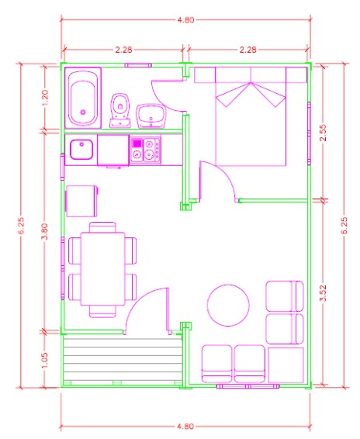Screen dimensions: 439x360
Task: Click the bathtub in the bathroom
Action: click(84, 99)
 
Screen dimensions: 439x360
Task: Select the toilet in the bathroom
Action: click(119, 110)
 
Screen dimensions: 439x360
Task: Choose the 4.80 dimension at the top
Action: click(185, 20)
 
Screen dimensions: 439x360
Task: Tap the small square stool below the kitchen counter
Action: click(81, 201)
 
